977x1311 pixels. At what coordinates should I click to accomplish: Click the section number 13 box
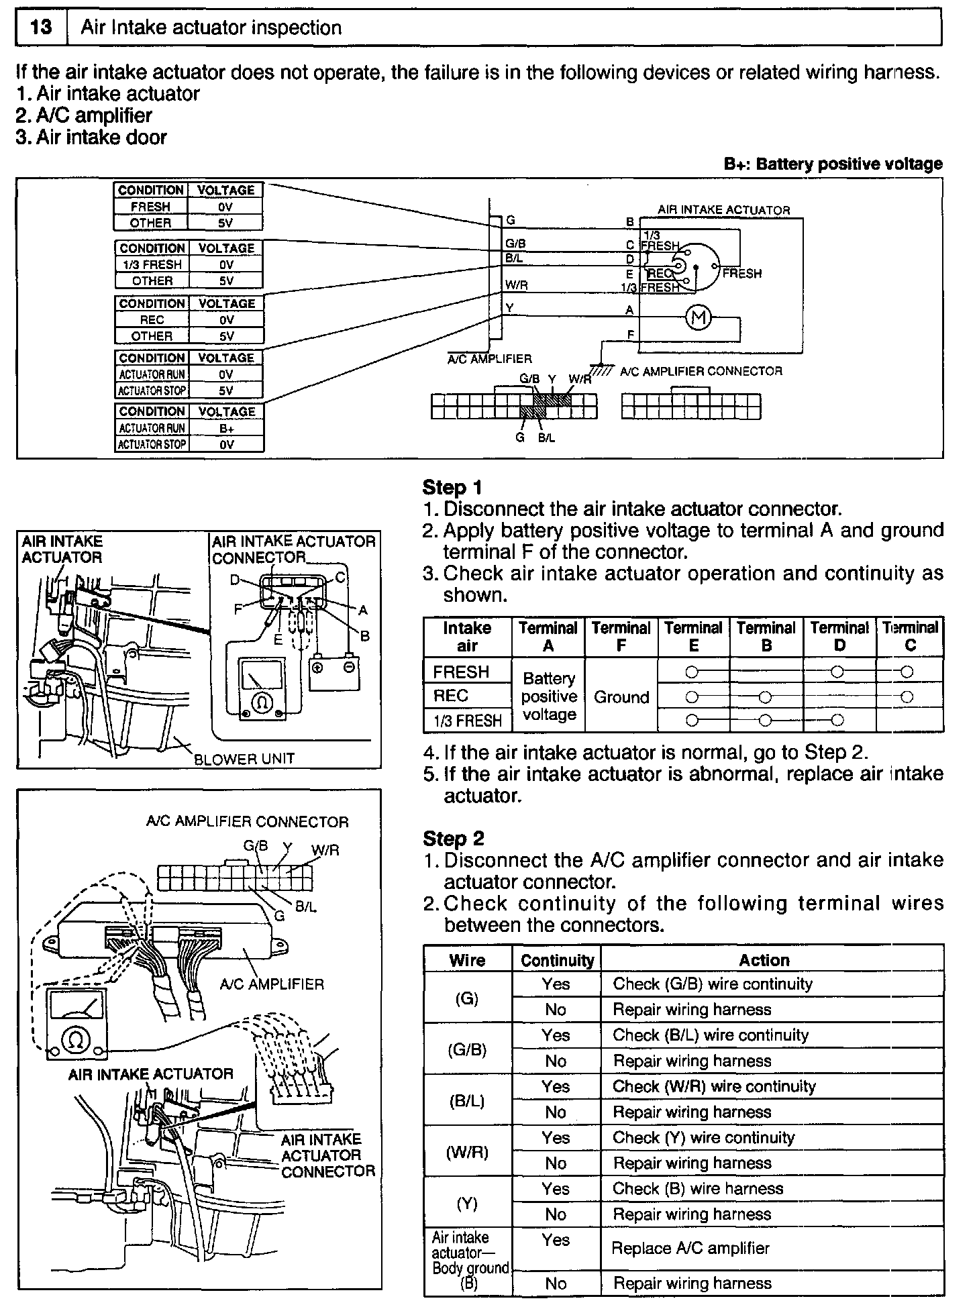point(41,28)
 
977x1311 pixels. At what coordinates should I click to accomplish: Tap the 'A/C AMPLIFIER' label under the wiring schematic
point(490,359)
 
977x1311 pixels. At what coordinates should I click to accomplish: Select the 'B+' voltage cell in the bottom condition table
point(226,428)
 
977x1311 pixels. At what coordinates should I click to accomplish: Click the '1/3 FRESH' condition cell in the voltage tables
point(152,264)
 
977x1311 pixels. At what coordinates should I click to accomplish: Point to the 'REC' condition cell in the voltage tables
point(152,320)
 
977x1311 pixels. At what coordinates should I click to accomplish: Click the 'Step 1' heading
point(452,487)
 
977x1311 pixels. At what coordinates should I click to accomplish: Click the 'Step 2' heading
point(453,838)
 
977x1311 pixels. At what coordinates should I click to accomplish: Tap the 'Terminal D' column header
point(839,636)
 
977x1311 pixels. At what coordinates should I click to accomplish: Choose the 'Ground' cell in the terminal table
point(621,697)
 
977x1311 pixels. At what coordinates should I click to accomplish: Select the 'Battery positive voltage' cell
point(549,696)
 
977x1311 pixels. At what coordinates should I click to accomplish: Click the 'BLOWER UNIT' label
point(244,759)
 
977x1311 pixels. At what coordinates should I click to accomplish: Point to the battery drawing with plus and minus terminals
point(333,672)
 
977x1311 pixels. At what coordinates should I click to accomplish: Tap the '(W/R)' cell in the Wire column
point(467,1153)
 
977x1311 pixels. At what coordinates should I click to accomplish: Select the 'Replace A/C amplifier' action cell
point(690,1248)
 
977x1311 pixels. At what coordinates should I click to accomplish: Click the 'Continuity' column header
point(557,960)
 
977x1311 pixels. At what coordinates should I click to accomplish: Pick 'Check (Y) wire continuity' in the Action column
point(703,1137)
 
